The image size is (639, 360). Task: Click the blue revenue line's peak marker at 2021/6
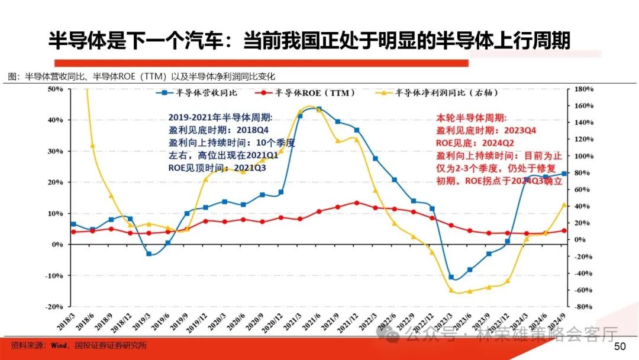(319, 110)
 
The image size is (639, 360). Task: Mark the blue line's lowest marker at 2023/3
(451, 277)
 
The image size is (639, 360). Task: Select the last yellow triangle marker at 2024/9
(564, 205)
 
